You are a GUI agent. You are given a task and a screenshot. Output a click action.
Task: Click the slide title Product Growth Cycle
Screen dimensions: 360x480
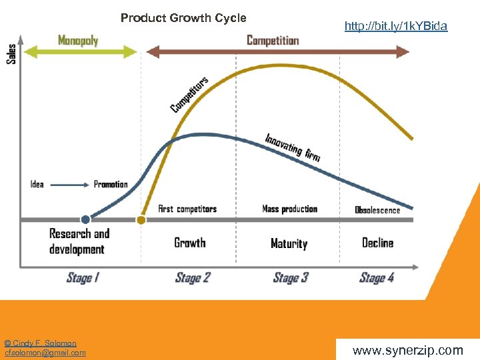tap(183, 18)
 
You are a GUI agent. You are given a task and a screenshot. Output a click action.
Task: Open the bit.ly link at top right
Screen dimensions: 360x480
tap(396, 27)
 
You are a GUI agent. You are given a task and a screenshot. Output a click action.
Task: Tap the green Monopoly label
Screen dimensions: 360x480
tap(78, 41)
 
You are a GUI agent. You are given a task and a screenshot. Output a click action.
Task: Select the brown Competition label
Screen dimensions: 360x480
tap(273, 41)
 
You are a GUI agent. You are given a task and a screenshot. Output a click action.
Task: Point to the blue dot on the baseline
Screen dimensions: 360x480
tap(85, 219)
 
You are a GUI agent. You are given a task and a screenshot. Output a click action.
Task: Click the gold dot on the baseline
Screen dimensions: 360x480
tap(141, 219)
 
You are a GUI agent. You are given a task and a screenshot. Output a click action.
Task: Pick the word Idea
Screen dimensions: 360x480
tap(37, 185)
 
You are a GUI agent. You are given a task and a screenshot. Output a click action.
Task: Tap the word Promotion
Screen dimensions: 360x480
tap(111, 185)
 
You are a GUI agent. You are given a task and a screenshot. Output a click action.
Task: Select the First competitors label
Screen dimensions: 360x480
tap(187, 209)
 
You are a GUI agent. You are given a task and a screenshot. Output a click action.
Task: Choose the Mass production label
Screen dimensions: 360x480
tap(290, 209)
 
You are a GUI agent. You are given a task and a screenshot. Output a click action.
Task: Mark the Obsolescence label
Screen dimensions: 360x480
tap(377, 210)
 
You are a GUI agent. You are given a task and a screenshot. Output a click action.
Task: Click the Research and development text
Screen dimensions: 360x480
tap(79, 241)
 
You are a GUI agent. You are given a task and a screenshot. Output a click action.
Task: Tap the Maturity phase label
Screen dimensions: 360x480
tap(289, 243)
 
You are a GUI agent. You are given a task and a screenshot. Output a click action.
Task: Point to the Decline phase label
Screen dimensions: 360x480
tap(377, 243)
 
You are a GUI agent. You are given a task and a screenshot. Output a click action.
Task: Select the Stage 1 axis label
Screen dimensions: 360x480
tap(83, 277)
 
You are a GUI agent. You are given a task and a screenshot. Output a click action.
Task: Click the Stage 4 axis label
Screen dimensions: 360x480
tap(377, 277)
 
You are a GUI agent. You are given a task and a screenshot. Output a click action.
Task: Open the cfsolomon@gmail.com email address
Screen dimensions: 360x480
tap(45, 353)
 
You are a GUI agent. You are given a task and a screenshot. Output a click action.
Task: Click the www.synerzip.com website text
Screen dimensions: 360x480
tap(407, 350)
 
